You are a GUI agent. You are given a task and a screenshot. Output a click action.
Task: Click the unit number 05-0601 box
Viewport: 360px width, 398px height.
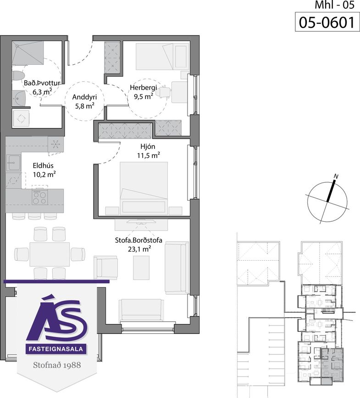coord(327,22)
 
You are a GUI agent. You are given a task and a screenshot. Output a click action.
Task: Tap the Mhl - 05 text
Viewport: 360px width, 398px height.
coord(334,5)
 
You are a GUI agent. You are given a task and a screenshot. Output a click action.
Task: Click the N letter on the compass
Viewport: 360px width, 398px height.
coord(336,176)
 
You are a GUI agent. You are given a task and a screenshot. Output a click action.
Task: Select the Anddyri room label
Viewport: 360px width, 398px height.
coord(84,97)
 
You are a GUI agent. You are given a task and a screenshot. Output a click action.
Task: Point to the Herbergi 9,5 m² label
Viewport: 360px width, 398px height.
coord(144,92)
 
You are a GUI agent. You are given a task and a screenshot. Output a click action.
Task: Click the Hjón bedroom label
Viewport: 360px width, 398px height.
coord(148,146)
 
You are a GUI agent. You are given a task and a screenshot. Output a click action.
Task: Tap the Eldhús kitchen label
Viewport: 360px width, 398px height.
coord(43,166)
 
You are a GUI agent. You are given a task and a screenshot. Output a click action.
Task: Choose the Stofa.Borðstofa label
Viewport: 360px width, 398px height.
coord(138,240)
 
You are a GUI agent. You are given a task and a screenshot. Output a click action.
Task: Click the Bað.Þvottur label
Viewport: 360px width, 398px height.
coord(42,83)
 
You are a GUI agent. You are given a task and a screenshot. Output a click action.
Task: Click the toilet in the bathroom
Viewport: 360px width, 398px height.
coord(18,76)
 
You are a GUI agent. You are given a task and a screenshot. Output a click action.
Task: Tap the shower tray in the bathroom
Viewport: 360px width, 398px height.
coord(28,53)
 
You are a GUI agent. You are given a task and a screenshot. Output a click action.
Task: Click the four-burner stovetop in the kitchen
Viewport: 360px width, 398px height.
coord(40,197)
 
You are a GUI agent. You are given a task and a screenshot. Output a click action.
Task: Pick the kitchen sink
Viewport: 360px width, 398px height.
coord(14,163)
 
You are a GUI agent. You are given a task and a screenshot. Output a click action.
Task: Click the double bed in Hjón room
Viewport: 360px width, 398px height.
coord(144,188)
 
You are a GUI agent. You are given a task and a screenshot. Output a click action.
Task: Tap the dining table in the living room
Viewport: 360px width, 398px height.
coord(50,254)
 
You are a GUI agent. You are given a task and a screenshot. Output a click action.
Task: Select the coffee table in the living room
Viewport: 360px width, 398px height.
coord(141,268)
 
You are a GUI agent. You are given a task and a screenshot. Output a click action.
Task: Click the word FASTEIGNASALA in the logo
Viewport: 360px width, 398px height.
coord(56,349)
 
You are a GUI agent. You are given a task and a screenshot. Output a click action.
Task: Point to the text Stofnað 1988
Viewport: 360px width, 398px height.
coord(57,365)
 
